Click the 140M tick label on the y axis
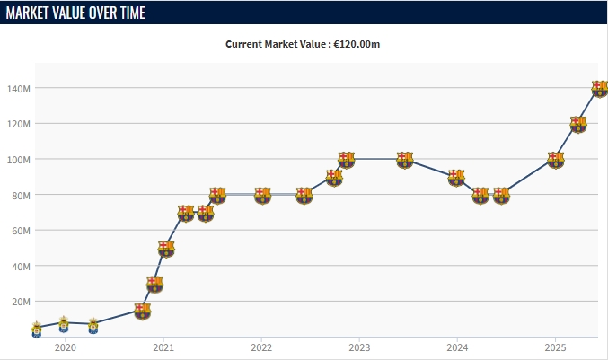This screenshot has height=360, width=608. (x=19, y=89)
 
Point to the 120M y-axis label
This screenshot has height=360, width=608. (x=19, y=124)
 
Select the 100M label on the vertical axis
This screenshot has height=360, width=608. (x=19, y=160)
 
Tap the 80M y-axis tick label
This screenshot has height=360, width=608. (x=22, y=195)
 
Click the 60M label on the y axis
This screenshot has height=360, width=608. (x=22, y=231)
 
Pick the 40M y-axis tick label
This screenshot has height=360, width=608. (x=22, y=266)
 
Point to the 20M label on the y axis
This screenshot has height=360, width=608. (x=22, y=302)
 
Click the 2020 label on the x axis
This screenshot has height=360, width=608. (x=65, y=347)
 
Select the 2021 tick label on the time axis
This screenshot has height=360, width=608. (x=163, y=347)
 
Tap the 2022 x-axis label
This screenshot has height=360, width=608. (x=261, y=347)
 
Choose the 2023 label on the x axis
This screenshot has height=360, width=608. (x=359, y=347)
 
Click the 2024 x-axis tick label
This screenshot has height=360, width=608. (x=457, y=347)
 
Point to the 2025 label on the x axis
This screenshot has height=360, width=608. (x=555, y=347)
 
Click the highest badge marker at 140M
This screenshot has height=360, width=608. (x=600, y=88)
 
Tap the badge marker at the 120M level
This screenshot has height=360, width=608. (x=577, y=124)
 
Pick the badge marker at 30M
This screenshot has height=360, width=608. (x=154, y=284)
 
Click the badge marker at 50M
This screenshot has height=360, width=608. (x=166, y=248)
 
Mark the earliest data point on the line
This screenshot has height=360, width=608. (x=36, y=329)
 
